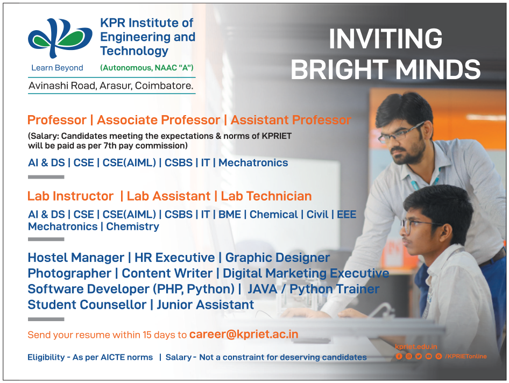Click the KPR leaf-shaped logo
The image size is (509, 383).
click(x=60, y=38)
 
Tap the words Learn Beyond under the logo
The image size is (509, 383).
click(x=57, y=68)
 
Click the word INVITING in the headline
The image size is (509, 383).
click(x=385, y=39)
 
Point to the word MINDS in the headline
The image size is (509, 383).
click(x=438, y=69)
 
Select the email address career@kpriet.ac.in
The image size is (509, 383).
click(x=243, y=334)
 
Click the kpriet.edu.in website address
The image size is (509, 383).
click(x=416, y=347)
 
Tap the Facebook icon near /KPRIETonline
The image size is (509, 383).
click(x=399, y=357)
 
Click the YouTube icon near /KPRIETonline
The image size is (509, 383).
click(x=428, y=357)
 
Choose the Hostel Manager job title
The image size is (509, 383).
click(x=76, y=257)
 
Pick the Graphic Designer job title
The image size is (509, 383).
click(x=278, y=257)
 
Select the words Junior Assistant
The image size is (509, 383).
click(x=205, y=304)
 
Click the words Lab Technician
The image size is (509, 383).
click(x=266, y=196)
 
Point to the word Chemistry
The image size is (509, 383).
click(x=132, y=226)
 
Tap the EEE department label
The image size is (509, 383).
click(x=347, y=215)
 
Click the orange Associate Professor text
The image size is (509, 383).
click(x=158, y=120)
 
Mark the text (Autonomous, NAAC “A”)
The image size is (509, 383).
click(x=147, y=68)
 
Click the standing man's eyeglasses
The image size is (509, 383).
click(x=400, y=133)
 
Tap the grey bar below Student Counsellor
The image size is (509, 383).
click(x=46, y=319)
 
